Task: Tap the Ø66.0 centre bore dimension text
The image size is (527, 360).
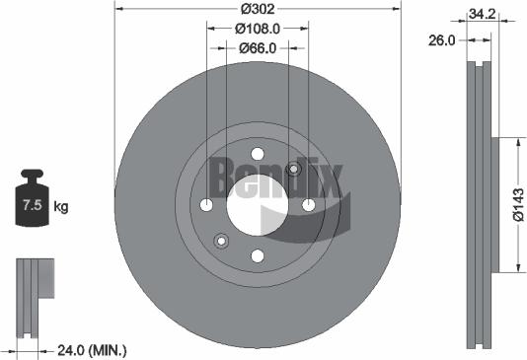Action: pyautogui.click(x=258, y=47)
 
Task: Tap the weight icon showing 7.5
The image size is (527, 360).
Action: pyautogui.click(x=31, y=204)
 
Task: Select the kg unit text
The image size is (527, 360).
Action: pyautogui.click(x=61, y=206)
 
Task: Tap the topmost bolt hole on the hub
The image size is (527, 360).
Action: pyautogui.click(x=258, y=153)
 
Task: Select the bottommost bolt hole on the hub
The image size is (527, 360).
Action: pyautogui.click(x=258, y=256)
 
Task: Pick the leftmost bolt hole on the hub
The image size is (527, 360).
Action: pyautogui.click(x=206, y=205)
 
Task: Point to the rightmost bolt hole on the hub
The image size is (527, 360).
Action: pyautogui.click(x=309, y=205)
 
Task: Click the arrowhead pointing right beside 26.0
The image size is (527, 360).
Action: pyautogui.click(x=464, y=41)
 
